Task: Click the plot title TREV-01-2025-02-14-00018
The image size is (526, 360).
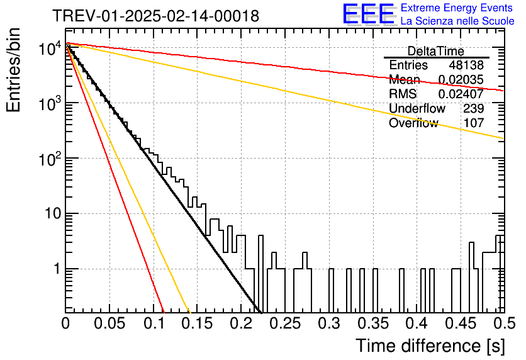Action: click(x=155, y=16)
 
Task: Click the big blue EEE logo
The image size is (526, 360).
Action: click(x=368, y=14)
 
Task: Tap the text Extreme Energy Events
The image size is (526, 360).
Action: click(x=457, y=8)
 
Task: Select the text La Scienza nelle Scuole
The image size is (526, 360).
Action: click(x=457, y=21)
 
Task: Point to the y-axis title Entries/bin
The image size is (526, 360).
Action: click(x=13, y=70)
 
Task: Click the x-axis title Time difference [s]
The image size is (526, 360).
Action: click(x=430, y=346)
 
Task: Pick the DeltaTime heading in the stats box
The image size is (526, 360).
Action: click(x=436, y=52)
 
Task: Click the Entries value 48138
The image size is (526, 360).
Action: click(x=466, y=65)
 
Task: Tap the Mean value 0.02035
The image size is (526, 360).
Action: click(x=461, y=79)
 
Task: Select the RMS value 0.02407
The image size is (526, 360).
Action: click(x=461, y=94)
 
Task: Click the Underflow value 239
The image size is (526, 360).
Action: click(x=474, y=108)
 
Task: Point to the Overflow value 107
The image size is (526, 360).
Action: click(x=474, y=123)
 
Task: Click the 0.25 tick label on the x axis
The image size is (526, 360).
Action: click(x=286, y=323)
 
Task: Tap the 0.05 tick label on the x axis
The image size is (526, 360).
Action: click(x=109, y=323)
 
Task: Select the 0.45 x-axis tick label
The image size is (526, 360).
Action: click(x=461, y=323)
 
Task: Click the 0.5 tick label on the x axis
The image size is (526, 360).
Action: click(x=505, y=323)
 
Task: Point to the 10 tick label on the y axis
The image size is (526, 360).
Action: click(x=53, y=213)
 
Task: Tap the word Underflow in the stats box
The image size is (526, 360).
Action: click(x=417, y=108)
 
